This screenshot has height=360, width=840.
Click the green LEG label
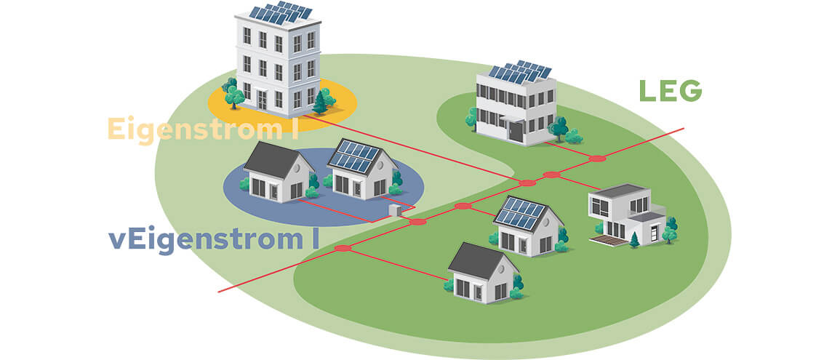(x=670, y=90)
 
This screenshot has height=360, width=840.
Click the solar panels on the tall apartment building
(x=281, y=12)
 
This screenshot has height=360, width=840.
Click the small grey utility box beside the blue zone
(x=396, y=210)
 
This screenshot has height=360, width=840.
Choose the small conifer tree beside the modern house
(x=635, y=239)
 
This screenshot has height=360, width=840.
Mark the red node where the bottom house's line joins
(x=343, y=249)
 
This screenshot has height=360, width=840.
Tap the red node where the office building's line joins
(x=597, y=159)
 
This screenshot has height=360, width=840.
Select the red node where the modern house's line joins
(x=551, y=175)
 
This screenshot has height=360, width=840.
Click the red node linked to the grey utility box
(x=417, y=221)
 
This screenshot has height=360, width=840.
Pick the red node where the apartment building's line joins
(x=527, y=183)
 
